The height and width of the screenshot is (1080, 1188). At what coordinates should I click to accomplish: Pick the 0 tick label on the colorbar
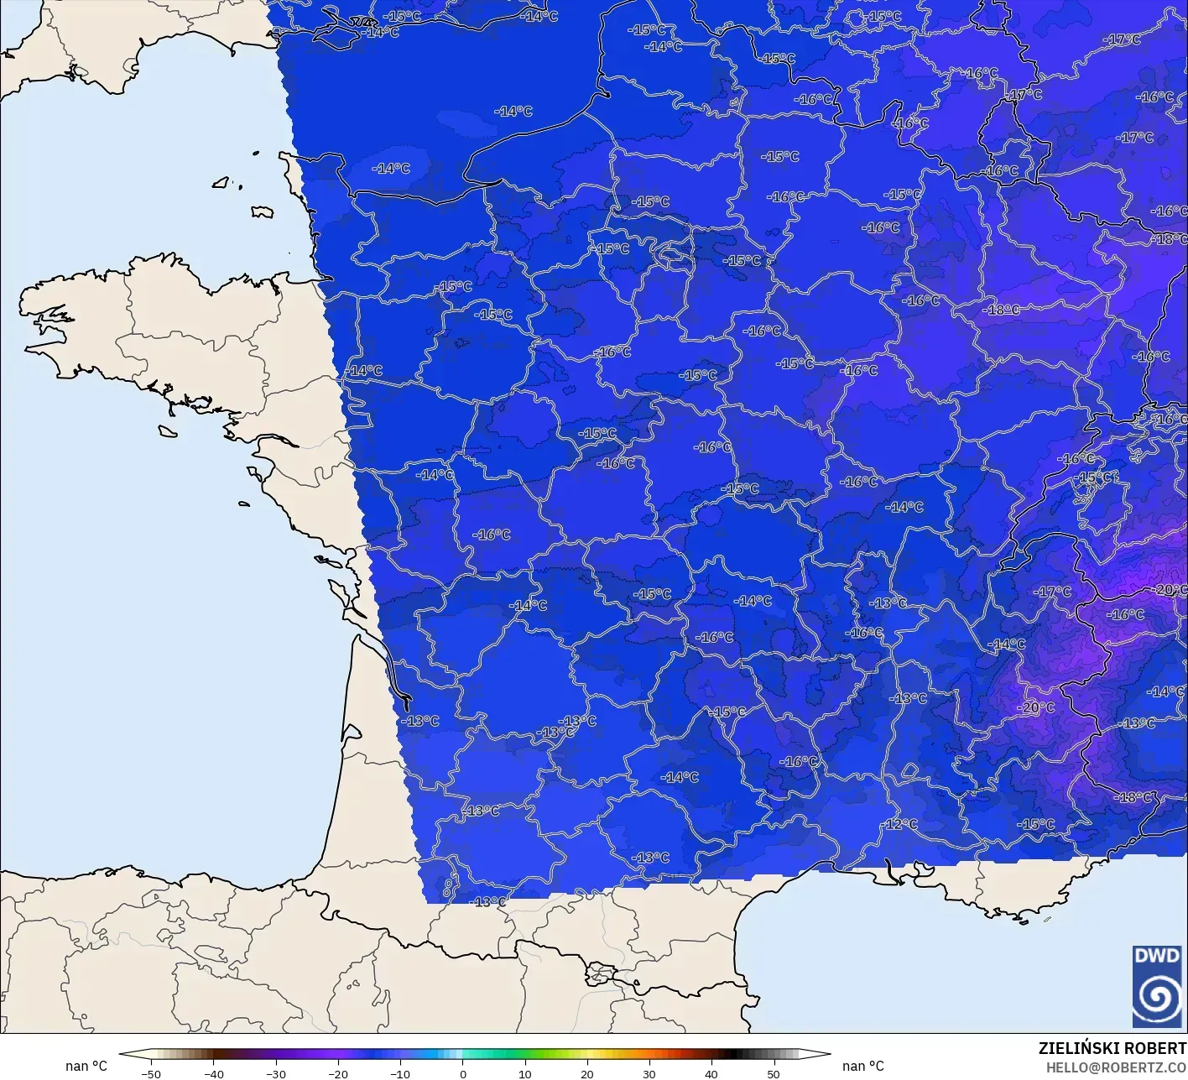tap(462, 1074)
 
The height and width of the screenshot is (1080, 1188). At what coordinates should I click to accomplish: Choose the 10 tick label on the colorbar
tap(524, 1074)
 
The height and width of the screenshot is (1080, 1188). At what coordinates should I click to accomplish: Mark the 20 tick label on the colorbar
tap(586, 1074)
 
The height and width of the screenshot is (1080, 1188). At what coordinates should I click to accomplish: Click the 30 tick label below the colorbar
tap(649, 1074)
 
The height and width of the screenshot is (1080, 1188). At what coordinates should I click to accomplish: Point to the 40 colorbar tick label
tap(711, 1074)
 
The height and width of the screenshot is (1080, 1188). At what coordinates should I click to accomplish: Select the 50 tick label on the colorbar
tap(774, 1074)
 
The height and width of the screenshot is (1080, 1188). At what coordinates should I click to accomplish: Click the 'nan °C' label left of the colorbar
tap(86, 1066)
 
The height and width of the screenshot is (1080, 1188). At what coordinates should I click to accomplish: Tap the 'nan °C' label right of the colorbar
tap(863, 1066)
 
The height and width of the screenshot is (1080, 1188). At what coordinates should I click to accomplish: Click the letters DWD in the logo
tap(1156, 955)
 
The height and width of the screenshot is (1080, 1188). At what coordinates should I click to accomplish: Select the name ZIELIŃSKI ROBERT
tap(1112, 1048)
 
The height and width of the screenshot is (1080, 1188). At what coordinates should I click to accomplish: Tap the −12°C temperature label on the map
tap(902, 824)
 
